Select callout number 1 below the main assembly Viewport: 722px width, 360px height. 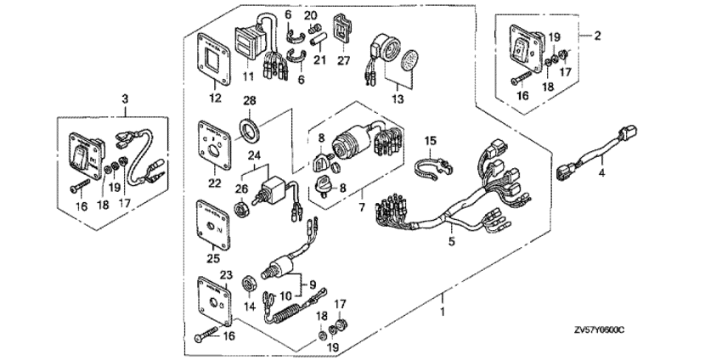pos(442,312)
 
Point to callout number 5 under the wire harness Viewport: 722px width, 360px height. pos(451,243)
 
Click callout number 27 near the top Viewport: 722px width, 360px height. pos(344,61)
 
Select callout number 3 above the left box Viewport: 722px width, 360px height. pos(126,100)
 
